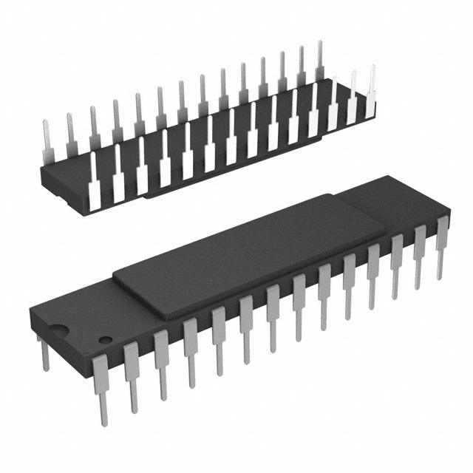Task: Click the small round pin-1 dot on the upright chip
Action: pos(106,340)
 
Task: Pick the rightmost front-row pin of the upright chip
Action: pos(442,244)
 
